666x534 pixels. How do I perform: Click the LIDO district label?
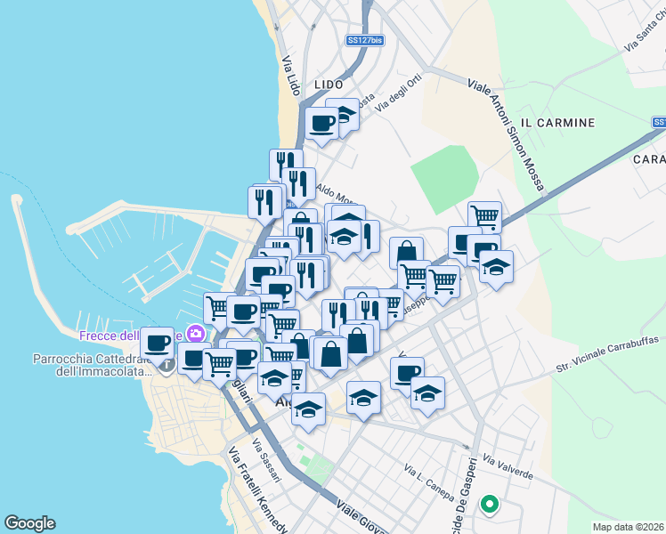click(329, 85)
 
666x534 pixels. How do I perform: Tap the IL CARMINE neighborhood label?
click(556, 122)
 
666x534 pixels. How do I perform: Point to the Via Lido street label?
click(290, 77)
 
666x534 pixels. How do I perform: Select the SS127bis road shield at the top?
click(365, 40)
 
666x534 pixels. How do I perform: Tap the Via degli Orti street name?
click(397, 93)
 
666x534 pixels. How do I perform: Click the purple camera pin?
click(197, 334)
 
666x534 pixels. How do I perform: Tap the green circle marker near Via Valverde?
click(489, 506)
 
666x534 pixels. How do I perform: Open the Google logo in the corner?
click(30, 522)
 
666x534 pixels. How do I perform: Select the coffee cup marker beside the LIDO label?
click(321, 123)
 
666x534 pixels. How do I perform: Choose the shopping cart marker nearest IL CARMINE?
click(484, 215)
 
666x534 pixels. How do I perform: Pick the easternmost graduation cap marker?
click(496, 265)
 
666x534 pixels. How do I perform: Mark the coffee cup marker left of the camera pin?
click(158, 343)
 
